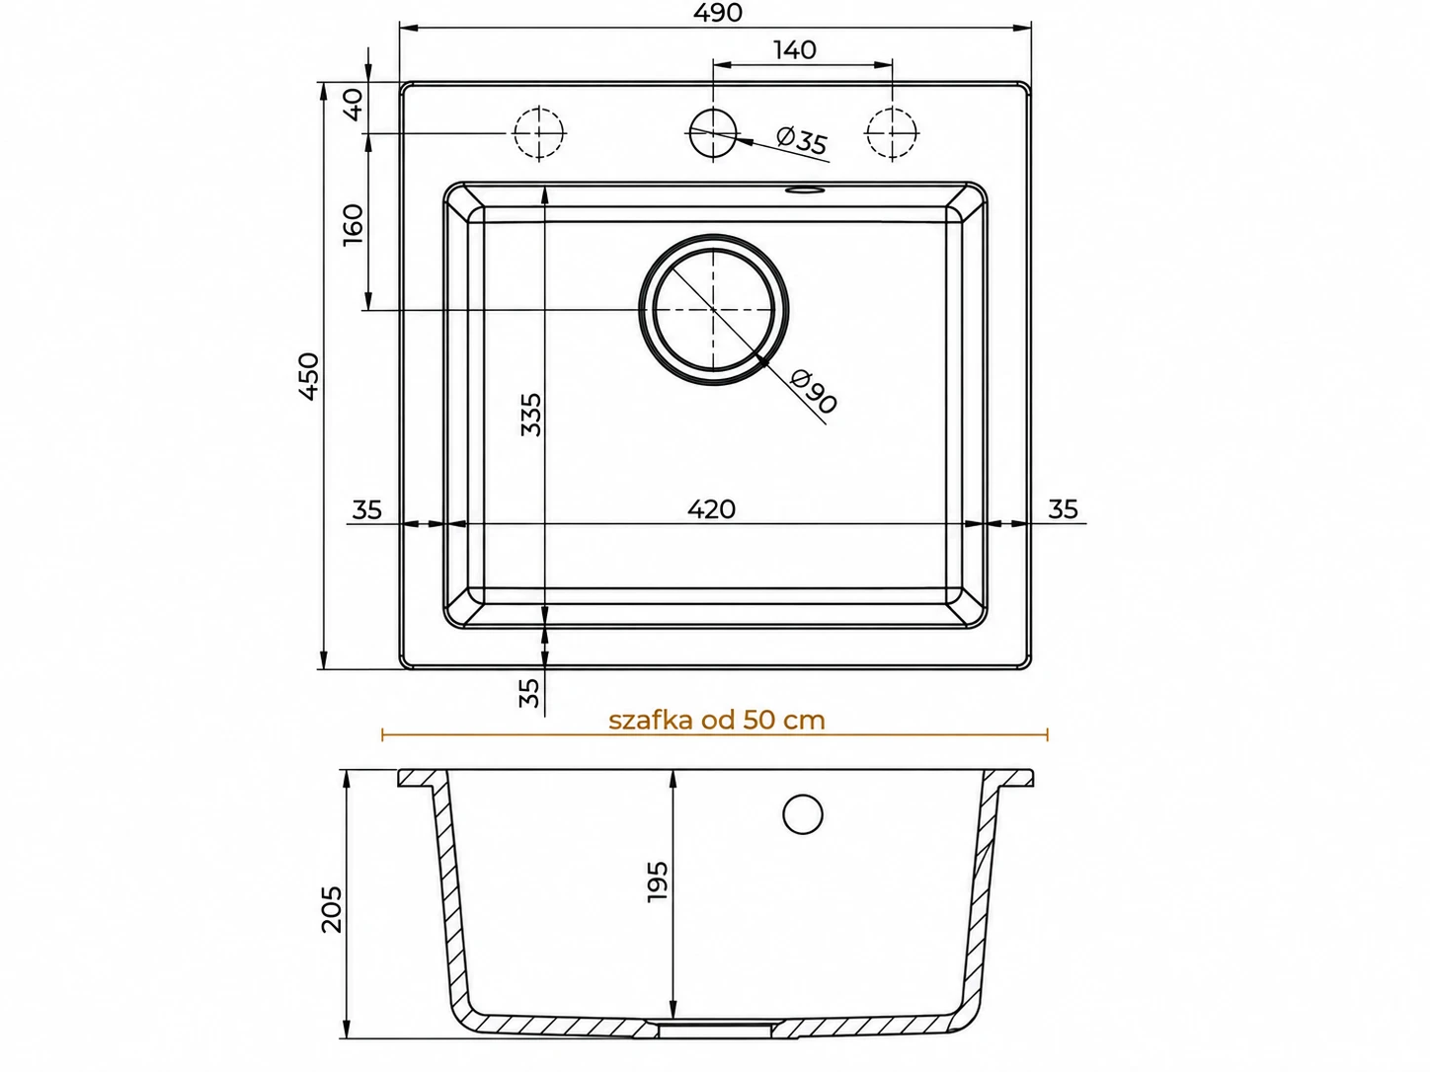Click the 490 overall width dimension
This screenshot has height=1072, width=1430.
717,13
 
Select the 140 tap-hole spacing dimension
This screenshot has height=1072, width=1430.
795,50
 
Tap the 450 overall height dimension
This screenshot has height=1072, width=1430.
309,376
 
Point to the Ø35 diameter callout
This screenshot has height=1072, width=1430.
802,140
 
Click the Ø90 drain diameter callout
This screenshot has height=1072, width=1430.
813,391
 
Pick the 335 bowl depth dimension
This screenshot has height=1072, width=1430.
531,414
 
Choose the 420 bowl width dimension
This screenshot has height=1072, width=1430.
711,509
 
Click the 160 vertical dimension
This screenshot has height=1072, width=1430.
354,224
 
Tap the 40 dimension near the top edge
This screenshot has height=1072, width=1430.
354,105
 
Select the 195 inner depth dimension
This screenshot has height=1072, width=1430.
658,881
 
